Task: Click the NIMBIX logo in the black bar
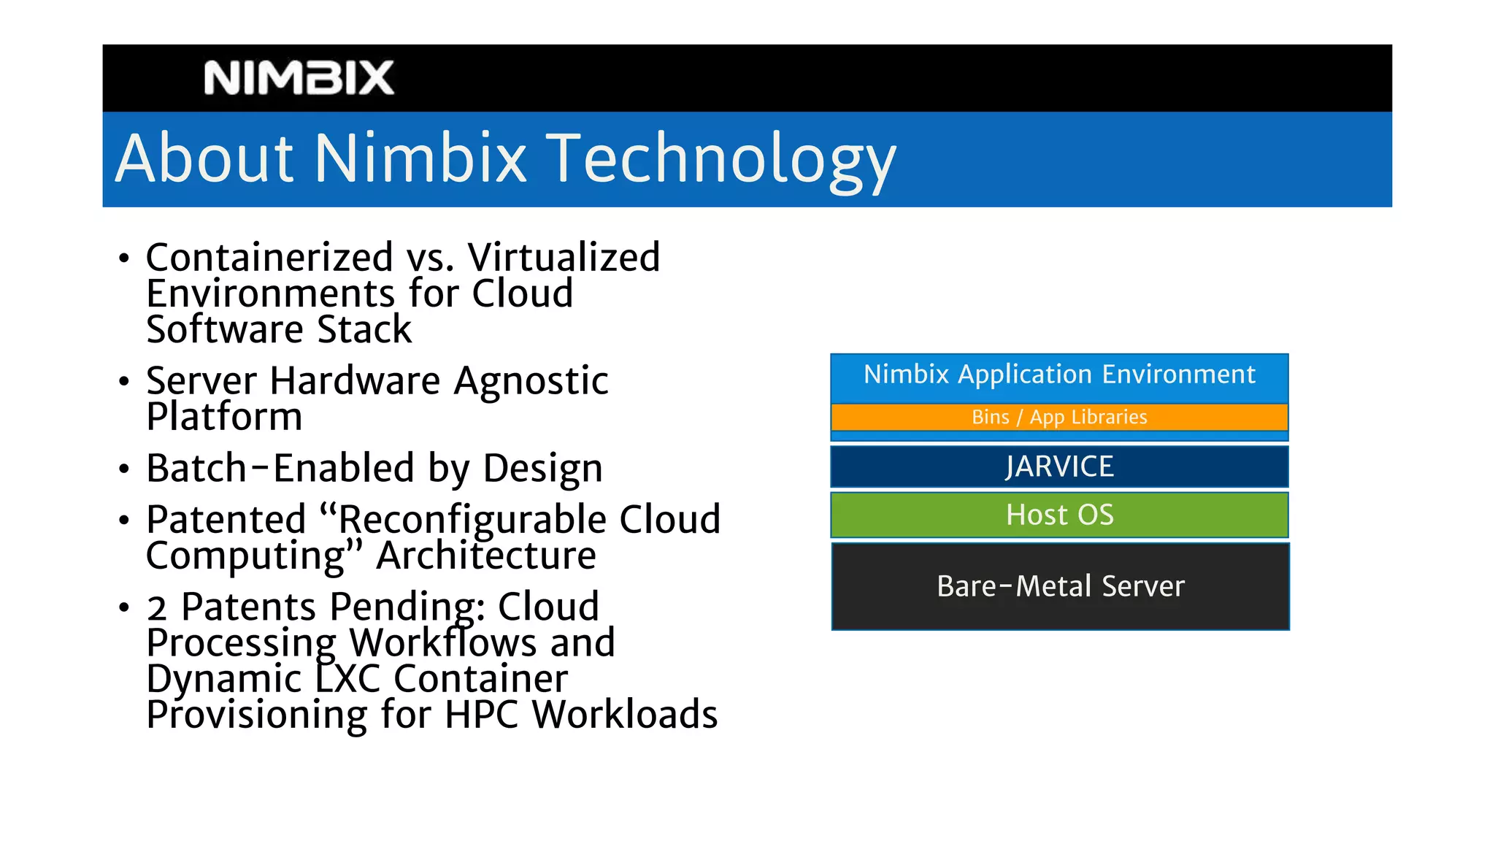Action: [299, 78]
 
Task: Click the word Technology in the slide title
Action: [720, 158]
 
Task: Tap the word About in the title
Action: [204, 158]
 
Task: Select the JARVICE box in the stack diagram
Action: [1059, 467]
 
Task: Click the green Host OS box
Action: [1059, 515]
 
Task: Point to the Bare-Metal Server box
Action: [1060, 586]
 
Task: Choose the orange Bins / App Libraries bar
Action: [1059, 418]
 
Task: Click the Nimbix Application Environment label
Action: [1059, 375]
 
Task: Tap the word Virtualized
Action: [564, 258]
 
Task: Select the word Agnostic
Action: [531, 381]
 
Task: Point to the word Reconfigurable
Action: [471, 520]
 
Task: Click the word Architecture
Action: [486, 556]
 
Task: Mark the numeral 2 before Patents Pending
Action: [157, 608]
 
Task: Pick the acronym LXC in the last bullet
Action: [348, 679]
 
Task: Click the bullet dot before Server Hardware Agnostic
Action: [124, 381]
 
